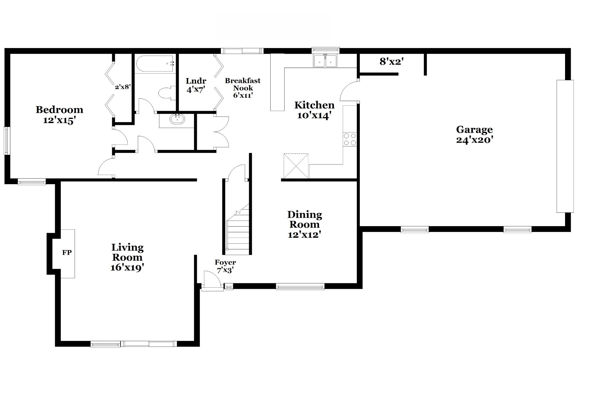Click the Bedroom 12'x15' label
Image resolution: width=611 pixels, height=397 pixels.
59,115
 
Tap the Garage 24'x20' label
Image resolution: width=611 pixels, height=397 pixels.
474,135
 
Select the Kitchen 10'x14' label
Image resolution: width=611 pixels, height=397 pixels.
314,110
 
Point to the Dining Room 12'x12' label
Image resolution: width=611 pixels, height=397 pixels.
305,224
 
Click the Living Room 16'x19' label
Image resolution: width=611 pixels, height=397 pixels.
127,257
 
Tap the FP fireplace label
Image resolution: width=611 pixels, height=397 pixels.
67,253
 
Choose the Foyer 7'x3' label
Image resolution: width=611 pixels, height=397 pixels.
225,266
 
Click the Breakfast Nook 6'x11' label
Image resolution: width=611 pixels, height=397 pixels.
243,88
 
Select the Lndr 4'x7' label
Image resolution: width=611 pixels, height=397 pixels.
196,85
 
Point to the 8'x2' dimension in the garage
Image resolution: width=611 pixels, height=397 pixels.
392,62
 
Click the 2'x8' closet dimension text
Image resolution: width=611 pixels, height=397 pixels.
123,87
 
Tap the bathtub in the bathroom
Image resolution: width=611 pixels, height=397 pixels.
155,64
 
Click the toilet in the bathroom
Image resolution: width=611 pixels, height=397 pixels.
166,93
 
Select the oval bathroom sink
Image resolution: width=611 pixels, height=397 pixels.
177,120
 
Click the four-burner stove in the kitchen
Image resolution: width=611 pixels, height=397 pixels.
350,139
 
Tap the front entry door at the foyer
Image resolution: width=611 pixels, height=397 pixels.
212,281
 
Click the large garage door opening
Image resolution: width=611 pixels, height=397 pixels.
565,146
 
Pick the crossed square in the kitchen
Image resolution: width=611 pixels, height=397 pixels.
296,166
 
